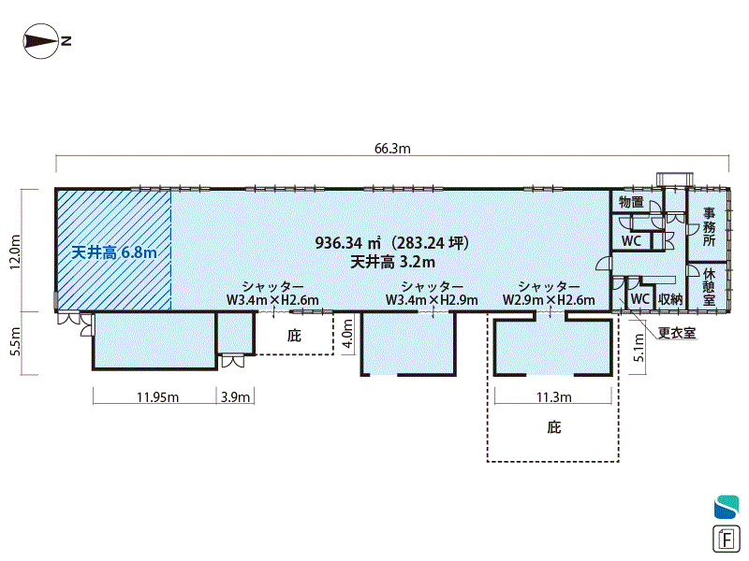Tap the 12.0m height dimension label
15,252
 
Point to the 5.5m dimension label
15,341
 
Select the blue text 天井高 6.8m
113,252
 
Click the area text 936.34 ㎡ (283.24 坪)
392,243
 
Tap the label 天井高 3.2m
392,262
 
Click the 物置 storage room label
631,202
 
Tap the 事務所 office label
709,226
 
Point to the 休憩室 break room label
709,287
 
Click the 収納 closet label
670,299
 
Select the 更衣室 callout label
676,333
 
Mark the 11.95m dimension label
157,396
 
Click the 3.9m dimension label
235,396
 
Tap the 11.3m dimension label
553,396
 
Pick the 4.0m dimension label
347,334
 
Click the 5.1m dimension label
639,347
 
